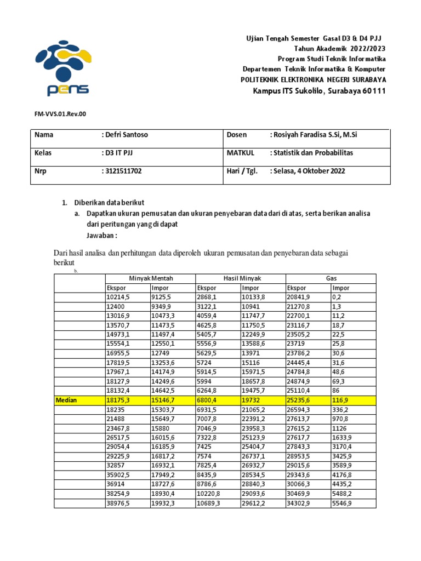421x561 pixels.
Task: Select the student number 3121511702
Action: tap(123, 171)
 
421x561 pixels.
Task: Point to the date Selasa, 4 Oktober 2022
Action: tap(308, 171)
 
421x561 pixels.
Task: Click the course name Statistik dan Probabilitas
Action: tap(311, 153)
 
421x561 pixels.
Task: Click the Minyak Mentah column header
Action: tap(151, 279)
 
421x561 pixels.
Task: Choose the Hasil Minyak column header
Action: tap(242, 279)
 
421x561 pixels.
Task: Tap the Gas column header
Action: tap(331, 279)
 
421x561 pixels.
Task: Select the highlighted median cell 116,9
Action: tap(342, 400)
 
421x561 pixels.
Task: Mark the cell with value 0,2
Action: tap(337, 296)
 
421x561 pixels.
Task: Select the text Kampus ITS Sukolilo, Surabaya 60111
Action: tap(319, 90)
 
